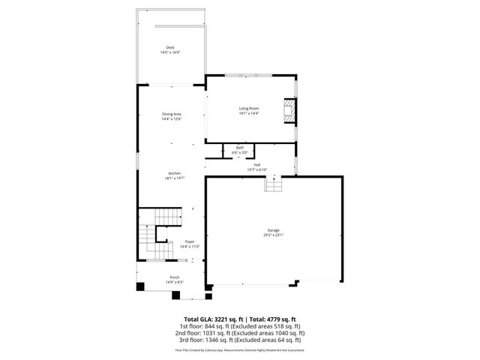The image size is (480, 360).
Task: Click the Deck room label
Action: [170, 47]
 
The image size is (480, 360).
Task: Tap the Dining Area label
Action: [172, 114]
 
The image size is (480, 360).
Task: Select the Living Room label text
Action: [249, 109]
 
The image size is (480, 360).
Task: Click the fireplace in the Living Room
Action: [288, 112]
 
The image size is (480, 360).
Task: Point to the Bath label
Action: [240, 148]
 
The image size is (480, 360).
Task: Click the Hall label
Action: [256, 164]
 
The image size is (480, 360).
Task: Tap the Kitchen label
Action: [174, 173]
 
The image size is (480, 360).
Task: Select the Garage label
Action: [274, 230]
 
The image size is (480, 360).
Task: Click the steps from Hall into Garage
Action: [273, 184]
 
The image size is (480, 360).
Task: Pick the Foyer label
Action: [169, 241]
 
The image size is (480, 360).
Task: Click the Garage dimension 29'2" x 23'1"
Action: [274, 235]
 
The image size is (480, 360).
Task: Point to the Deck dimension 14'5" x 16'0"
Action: [170, 52]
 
